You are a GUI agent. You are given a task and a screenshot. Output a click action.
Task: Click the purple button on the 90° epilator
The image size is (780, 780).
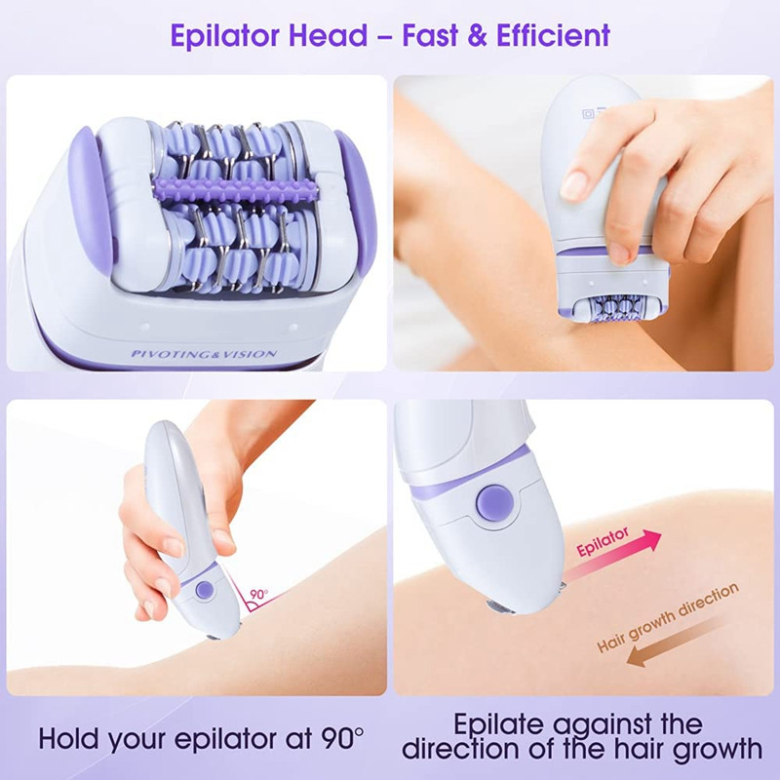pyautogui.click(x=205, y=590)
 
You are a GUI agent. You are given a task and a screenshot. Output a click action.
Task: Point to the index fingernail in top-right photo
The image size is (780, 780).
pyautogui.click(x=573, y=183)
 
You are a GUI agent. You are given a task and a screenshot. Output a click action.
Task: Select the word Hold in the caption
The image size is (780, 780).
pyautogui.click(x=72, y=738)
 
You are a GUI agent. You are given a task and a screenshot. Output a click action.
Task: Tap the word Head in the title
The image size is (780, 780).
pyautogui.click(x=331, y=36)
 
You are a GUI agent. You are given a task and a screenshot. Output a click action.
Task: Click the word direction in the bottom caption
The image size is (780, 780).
pyautogui.click(x=468, y=750)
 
